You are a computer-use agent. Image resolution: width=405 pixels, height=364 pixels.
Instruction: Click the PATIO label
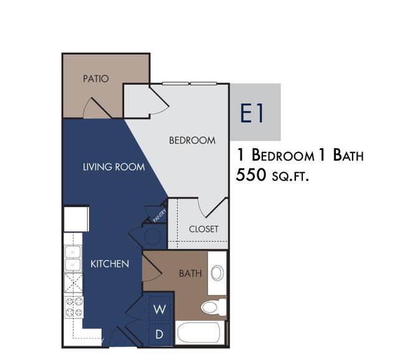95,78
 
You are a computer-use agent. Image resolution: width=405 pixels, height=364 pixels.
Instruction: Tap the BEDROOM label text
192,141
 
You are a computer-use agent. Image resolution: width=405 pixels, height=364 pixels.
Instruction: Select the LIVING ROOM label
113,167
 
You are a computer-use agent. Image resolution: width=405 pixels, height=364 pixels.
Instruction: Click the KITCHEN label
110,264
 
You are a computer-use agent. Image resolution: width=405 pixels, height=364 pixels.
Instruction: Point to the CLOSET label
204,229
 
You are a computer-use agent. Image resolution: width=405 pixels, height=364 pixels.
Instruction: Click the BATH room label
191,273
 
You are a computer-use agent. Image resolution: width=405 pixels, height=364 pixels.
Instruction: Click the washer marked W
160,309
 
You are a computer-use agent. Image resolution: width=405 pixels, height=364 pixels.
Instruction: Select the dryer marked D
160,334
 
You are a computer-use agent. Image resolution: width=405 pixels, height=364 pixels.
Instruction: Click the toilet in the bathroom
214,307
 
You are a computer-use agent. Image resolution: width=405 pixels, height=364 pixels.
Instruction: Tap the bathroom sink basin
217,273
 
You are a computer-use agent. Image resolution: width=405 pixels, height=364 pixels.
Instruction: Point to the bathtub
199,332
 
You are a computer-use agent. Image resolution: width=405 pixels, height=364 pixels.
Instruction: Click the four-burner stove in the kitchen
74,307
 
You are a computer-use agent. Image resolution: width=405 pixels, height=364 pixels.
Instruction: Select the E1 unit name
252,113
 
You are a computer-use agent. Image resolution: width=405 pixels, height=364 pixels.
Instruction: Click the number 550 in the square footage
251,175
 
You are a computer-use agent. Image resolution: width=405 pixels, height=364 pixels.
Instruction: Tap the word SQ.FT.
290,177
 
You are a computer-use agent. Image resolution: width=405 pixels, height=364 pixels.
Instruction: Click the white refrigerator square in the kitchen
77,219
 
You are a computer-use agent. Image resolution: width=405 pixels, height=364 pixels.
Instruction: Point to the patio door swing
96,108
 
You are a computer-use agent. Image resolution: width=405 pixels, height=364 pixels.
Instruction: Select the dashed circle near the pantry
153,236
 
